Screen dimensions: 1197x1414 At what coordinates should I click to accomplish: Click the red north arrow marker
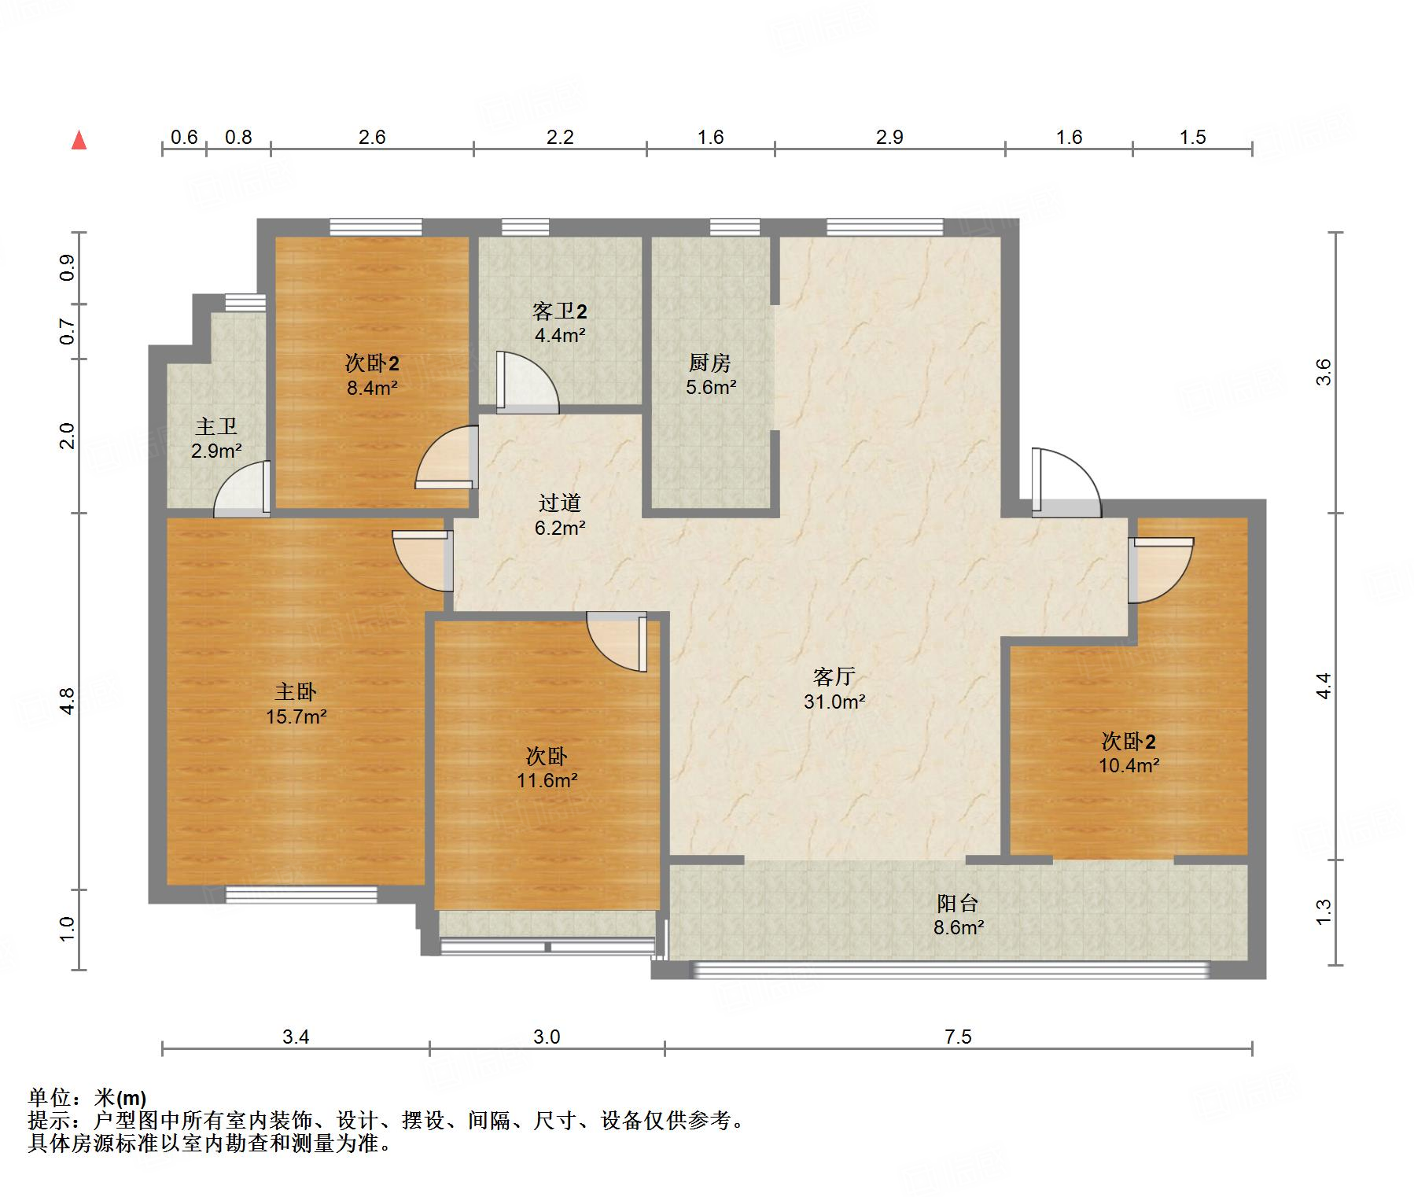click(x=79, y=141)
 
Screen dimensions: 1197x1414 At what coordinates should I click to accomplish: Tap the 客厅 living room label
click(x=834, y=676)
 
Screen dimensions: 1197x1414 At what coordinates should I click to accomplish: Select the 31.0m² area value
click(x=834, y=702)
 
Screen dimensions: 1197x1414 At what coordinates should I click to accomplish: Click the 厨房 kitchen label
click(x=709, y=363)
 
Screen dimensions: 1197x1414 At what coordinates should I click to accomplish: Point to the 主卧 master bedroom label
click(x=296, y=691)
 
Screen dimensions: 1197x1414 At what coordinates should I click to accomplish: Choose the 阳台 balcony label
click(x=958, y=903)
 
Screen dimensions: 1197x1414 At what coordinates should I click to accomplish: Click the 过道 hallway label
click(x=559, y=503)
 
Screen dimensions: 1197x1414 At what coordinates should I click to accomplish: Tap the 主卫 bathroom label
click(x=216, y=426)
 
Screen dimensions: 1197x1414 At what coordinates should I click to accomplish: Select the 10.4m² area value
click(x=1129, y=765)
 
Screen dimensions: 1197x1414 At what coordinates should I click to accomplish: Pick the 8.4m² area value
click(x=372, y=388)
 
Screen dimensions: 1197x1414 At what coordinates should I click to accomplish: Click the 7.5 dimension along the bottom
click(x=958, y=1037)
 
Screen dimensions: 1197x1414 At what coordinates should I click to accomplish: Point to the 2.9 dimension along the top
click(x=889, y=138)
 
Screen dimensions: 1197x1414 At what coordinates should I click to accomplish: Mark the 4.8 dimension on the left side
click(x=68, y=701)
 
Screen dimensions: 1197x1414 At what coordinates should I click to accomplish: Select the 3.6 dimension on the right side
click(x=1324, y=371)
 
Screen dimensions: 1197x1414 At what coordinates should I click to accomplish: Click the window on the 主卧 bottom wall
click(x=301, y=893)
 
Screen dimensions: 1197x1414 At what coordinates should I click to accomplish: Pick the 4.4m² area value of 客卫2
click(x=559, y=336)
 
